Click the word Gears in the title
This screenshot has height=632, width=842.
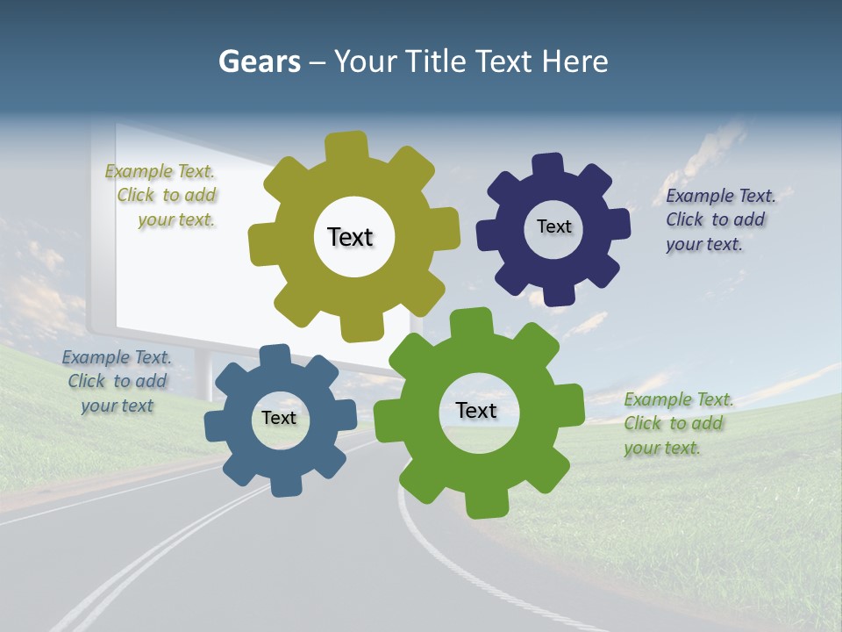click(260, 61)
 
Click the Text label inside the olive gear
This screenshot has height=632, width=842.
click(350, 237)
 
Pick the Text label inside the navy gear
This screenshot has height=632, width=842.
click(553, 226)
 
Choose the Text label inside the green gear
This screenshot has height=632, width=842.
click(476, 410)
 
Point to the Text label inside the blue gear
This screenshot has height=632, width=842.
click(279, 418)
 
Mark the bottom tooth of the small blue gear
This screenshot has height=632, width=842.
click(286, 483)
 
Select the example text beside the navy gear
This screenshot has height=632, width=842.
click(719, 219)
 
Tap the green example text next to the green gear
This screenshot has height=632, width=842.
click(677, 423)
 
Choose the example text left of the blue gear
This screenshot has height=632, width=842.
click(117, 381)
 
